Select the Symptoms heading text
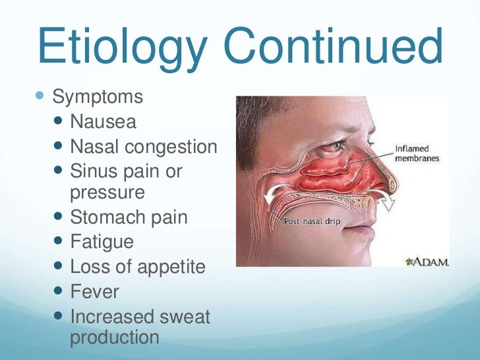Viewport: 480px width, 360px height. coord(98,97)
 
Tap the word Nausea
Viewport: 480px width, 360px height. coord(104,121)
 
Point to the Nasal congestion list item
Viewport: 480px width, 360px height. coord(143,146)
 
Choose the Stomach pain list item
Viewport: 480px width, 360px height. coord(129,217)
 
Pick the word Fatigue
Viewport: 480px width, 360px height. coord(102,241)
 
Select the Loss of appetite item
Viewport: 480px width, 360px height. coord(137,266)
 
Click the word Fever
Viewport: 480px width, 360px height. coord(95,291)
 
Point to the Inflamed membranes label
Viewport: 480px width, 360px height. coord(417,153)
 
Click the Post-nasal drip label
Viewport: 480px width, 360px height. coord(311,222)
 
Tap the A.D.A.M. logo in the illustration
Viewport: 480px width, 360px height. coord(427,262)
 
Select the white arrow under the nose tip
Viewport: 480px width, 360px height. coord(390,198)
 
